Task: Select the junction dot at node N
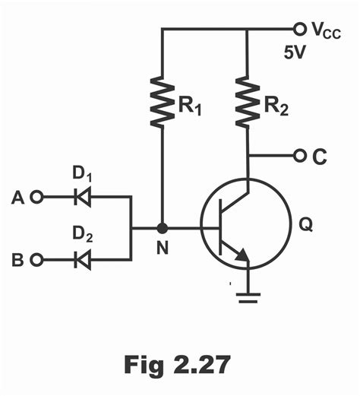pos(161,227)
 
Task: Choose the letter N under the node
pos(161,248)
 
